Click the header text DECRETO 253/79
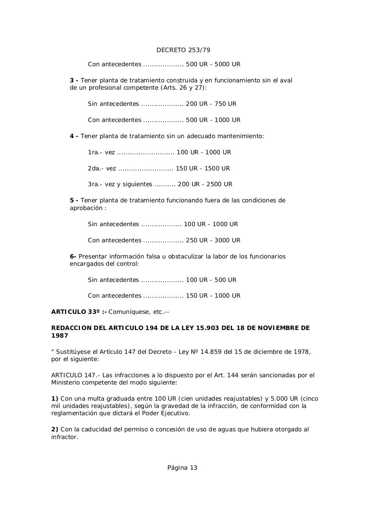pos(183,50)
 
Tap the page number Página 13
pos(182,468)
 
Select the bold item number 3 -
pos(74,80)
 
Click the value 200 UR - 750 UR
pos(211,104)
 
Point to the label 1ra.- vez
pos(101,152)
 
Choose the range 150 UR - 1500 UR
pos(202,168)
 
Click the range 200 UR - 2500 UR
pos(205,184)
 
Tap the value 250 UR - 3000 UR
pos(213,240)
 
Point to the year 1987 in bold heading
pos(60,336)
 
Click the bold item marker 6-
pos(73,256)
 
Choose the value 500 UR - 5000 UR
pos(213,64)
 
